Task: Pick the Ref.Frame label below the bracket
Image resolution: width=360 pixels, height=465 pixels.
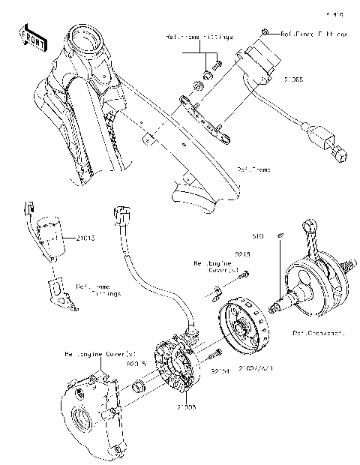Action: [x=253, y=171]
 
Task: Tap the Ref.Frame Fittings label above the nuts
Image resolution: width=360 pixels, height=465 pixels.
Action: [x=199, y=36]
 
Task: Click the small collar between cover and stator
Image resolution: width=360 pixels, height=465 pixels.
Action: [x=138, y=387]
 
